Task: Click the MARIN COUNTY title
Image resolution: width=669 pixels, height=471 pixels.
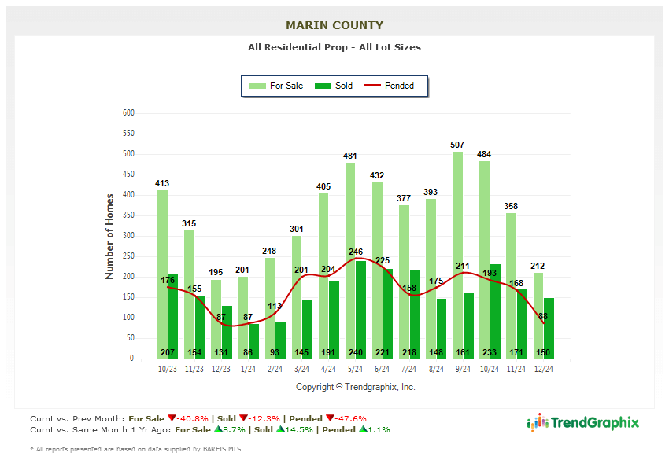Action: pos(334,25)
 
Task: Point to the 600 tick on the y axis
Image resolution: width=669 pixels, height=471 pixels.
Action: pos(128,113)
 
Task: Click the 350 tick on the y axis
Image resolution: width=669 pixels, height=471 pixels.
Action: pos(128,215)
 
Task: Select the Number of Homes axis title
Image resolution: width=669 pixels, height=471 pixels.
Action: pos(109,236)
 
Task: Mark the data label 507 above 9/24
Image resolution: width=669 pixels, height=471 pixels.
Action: pos(457,145)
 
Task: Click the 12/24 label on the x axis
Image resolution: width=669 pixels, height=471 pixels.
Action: pos(543,368)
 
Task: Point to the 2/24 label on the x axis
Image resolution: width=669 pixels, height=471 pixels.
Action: pos(275,368)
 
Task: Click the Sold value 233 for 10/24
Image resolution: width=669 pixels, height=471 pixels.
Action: pos(490,353)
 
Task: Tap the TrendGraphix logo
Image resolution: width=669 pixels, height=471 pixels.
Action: pos(583,422)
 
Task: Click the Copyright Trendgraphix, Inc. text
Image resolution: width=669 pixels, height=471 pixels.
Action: pos(355,387)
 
